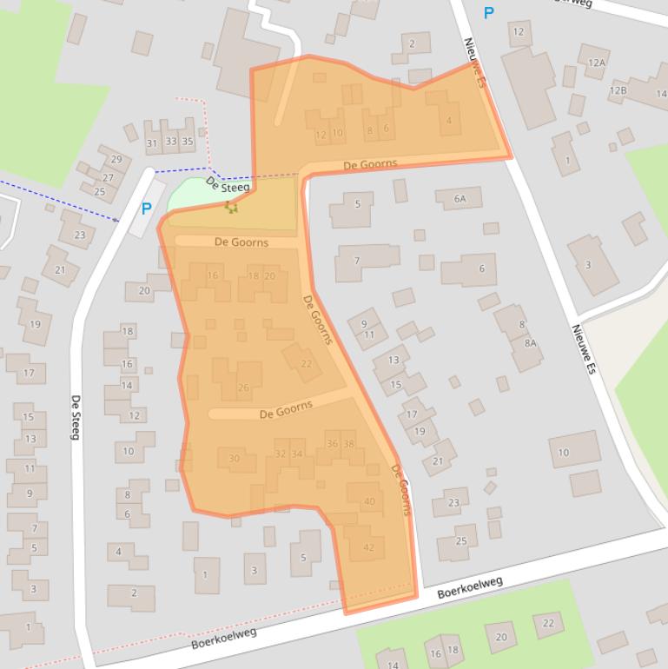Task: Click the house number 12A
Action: (x=596, y=63)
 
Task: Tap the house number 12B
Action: (x=618, y=90)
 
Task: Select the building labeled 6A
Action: (x=460, y=199)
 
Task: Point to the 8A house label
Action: (x=529, y=343)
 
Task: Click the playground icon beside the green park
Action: (x=230, y=207)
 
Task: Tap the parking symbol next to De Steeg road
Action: (x=146, y=209)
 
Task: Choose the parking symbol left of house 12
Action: (x=488, y=12)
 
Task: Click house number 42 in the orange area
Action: (x=369, y=547)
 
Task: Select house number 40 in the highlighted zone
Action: (x=369, y=501)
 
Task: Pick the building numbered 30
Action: (x=234, y=458)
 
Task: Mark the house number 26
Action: (x=243, y=387)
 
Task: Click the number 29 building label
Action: (x=116, y=159)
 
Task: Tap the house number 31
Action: (x=152, y=142)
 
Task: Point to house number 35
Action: (x=187, y=142)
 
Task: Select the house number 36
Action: (x=332, y=444)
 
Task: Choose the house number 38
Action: (x=348, y=444)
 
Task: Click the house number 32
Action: (x=280, y=454)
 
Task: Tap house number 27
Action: (x=108, y=177)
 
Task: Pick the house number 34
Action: (x=297, y=454)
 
